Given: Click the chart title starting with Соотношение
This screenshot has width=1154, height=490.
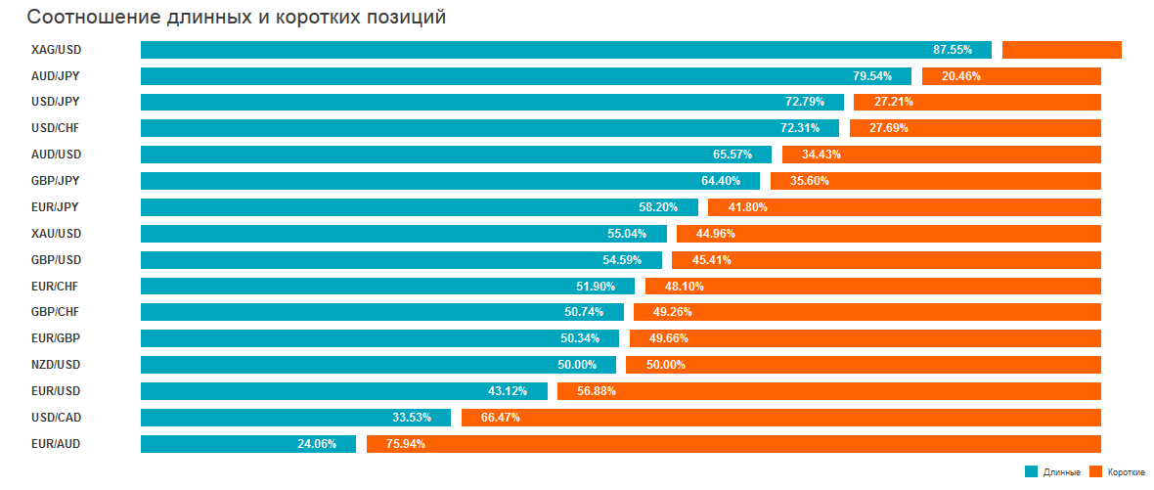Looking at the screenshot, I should pyautogui.click(x=236, y=18).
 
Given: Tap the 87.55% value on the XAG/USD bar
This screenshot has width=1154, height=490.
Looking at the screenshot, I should pyautogui.click(x=953, y=50).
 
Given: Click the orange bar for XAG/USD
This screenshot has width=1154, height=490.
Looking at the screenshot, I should pyautogui.click(x=1061, y=50).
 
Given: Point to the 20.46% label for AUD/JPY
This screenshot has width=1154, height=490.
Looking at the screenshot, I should pyautogui.click(x=960, y=76).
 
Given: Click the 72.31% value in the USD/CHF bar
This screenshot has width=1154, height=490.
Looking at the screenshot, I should pyautogui.click(x=800, y=129).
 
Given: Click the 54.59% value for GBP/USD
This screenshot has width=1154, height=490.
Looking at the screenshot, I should pyautogui.click(x=622, y=260).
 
